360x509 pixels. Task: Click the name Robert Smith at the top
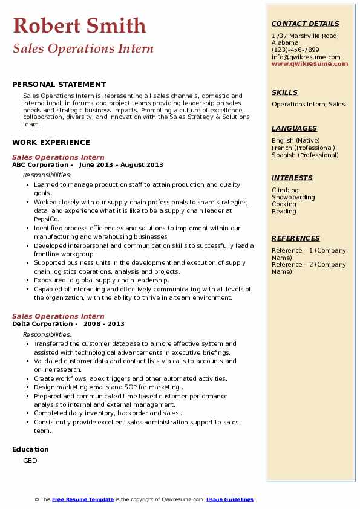[79, 25]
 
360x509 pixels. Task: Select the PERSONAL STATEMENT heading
[59, 85]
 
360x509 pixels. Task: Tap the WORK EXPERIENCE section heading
[51, 143]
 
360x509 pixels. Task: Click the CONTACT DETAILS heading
[306, 24]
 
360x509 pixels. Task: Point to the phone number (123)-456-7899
[295, 50]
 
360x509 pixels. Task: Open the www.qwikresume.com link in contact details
[306, 63]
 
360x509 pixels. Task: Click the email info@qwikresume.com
[306, 57]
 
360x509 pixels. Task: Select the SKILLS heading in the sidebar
[284, 92]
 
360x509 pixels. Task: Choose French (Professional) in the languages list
[303, 148]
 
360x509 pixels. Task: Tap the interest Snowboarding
[293, 197]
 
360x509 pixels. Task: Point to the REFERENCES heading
[296, 238]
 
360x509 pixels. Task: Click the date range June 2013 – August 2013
[121, 164]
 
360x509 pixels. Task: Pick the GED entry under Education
[30, 461]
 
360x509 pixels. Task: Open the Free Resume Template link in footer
[83, 499]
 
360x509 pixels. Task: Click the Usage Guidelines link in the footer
[229, 499]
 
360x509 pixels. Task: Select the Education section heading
[30, 449]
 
